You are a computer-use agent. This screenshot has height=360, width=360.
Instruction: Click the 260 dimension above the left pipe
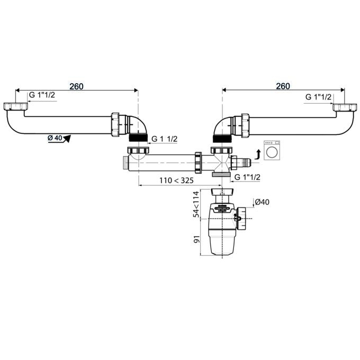click(76, 86)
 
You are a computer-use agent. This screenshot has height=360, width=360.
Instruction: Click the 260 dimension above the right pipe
click(283, 86)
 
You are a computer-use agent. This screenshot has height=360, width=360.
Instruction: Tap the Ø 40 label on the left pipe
click(55, 138)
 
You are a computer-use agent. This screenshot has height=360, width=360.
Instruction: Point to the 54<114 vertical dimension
click(195, 205)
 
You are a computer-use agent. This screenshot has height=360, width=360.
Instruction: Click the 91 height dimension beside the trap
click(195, 238)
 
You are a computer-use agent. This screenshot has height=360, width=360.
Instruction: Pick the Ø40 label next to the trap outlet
click(262, 202)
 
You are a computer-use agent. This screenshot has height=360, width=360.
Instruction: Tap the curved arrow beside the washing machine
click(258, 154)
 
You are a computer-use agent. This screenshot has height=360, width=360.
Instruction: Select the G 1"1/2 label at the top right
click(319, 96)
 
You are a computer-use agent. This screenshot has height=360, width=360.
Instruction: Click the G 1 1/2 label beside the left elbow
click(164, 139)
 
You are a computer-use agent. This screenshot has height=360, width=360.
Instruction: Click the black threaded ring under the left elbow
click(138, 137)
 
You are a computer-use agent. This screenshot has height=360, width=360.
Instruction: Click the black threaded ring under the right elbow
click(221, 138)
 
